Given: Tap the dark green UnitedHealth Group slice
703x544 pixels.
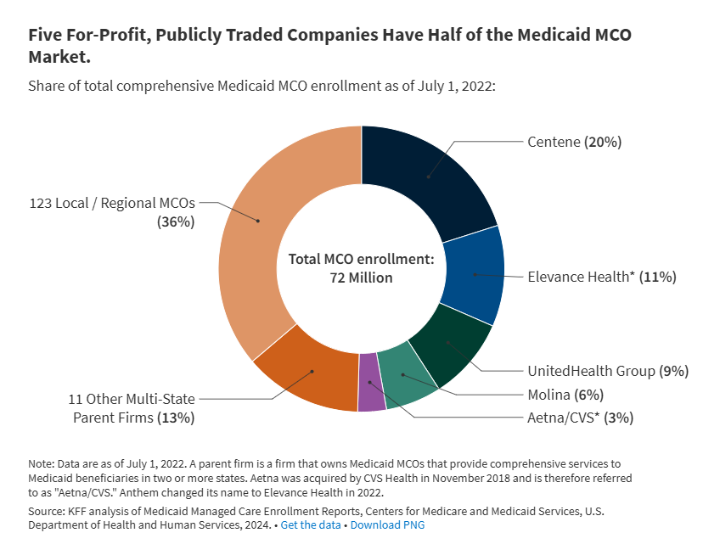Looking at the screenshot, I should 450,344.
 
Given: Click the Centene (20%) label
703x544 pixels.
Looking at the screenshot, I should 575,142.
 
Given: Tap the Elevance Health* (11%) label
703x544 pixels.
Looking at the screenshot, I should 601,277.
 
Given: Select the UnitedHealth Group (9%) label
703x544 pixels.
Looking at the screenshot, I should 607,371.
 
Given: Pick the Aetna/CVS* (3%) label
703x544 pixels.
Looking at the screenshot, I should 580,417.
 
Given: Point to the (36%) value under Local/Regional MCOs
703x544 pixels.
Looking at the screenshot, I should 176,222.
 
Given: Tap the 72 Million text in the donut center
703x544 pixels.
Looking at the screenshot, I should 361,278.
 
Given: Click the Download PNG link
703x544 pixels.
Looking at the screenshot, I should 387,525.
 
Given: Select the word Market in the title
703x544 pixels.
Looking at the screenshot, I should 56,58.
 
